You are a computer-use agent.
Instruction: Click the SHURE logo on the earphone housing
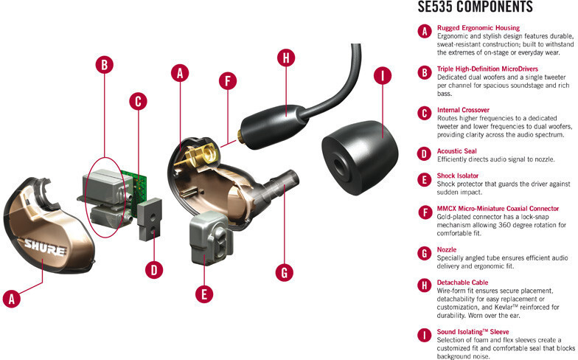tap(46, 248)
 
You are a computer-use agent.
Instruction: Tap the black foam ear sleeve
tap(360, 158)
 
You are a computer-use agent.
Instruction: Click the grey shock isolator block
tap(211, 238)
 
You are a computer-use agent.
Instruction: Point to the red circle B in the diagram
tap(105, 65)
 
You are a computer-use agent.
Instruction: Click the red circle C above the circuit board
tap(139, 102)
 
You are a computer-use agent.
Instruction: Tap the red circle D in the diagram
tap(154, 270)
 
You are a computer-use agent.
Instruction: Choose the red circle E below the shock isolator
tap(204, 294)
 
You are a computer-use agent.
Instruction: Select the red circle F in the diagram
tap(228, 81)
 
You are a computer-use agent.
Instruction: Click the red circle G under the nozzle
tap(285, 273)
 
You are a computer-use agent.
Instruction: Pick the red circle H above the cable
tap(286, 58)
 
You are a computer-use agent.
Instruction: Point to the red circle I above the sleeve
tap(383, 75)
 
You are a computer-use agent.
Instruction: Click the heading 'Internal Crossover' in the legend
tap(463, 110)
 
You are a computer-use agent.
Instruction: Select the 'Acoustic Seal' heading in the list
tap(457, 150)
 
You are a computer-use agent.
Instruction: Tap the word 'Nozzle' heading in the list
tap(447, 249)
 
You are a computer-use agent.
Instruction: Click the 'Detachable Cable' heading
tap(462, 283)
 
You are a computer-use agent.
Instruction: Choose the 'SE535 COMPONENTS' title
tap(475, 7)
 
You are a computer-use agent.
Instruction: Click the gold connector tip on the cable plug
tap(241, 136)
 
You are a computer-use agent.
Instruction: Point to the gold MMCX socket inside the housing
tap(201, 155)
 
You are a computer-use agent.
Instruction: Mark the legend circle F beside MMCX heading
tap(425, 212)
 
